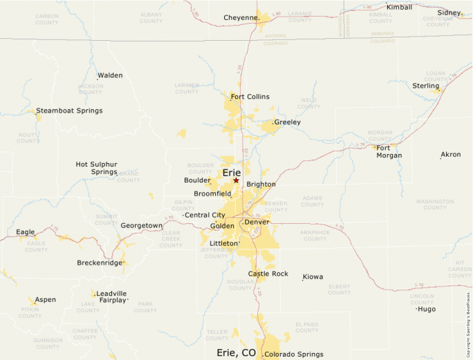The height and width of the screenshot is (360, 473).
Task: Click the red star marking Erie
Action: tap(236, 180)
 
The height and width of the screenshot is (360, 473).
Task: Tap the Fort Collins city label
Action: tap(250, 97)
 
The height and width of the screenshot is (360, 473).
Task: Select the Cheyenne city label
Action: tap(241, 17)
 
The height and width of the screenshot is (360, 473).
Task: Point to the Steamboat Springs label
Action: tap(69, 111)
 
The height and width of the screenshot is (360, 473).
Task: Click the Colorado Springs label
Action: tap(294, 354)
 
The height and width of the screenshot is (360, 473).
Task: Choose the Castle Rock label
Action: tap(268, 274)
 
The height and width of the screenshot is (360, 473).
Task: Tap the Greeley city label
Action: tap(288, 122)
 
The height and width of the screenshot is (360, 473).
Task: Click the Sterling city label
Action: tap(426, 85)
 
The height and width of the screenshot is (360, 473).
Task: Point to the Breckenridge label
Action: tap(99, 263)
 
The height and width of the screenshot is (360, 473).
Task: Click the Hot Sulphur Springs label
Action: tap(96, 168)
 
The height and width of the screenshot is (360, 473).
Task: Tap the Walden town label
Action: tap(110, 75)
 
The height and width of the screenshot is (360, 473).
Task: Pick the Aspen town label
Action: tap(46, 300)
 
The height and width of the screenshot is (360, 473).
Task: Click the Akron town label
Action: tap(451, 155)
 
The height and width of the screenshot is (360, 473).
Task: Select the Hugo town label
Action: tap(427, 309)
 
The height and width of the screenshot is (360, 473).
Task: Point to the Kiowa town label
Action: tap(313, 277)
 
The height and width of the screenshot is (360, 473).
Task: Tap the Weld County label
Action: tap(308, 104)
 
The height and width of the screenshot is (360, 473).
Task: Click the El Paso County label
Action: tap(306, 328)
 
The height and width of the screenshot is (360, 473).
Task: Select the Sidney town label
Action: tap(449, 12)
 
